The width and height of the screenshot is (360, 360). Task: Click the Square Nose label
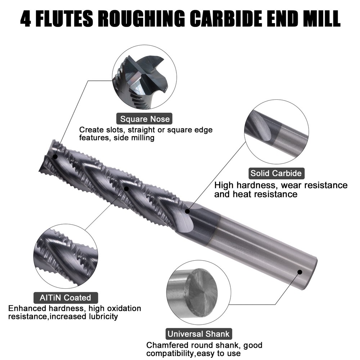click(145, 119)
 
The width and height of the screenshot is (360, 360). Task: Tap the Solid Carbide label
click(276, 174)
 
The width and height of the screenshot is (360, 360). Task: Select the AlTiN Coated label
click(66, 298)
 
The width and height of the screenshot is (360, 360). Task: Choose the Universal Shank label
click(199, 334)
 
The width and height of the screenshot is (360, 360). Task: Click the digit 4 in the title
click(26, 19)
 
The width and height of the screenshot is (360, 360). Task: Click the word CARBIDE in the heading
click(226, 19)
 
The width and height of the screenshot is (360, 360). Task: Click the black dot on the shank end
click(300, 272)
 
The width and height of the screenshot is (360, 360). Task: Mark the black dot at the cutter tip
click(55, 157)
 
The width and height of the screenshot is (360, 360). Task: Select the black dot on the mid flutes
click(126, 189)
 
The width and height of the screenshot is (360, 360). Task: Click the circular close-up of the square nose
click(145, 77)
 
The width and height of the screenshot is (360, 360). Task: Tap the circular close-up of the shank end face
click(199, 292)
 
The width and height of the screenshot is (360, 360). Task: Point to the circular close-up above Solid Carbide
click(276, 132)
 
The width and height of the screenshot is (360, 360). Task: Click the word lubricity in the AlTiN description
click(103, 316)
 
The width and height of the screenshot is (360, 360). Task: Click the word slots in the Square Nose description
click(116, 130)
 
